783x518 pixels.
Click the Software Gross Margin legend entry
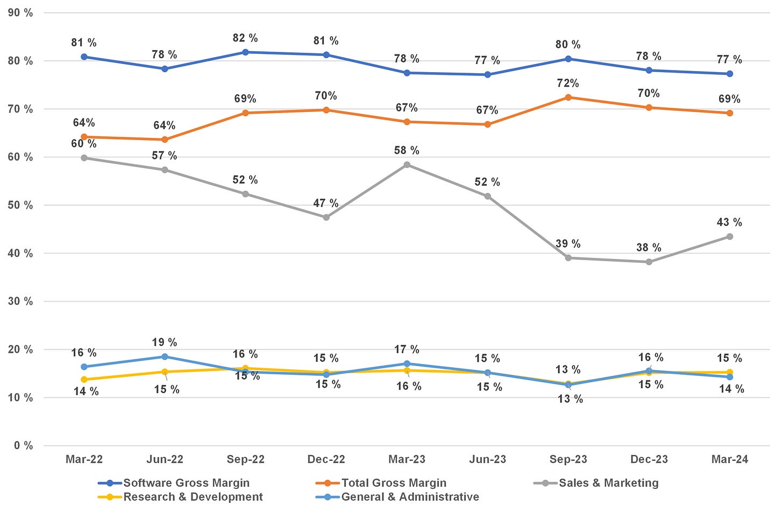point(186,483)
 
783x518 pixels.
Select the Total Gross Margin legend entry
point(393,483)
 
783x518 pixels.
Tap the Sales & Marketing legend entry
point(608,483)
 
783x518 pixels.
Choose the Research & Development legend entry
point(193,497)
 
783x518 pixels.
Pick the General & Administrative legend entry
point(409,497)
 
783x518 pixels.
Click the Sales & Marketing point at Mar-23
point(407,165)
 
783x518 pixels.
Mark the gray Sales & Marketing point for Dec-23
point(649,262)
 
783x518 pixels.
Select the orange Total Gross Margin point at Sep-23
point(568,97)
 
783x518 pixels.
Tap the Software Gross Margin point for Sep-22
point(246,52)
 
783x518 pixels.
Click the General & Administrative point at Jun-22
point(165,356)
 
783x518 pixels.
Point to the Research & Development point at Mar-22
point(84,380)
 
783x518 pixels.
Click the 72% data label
point(568,83)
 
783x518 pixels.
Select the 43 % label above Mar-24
point(729,222)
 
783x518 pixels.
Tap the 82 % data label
point(245,38)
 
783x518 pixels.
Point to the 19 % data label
point(165,342)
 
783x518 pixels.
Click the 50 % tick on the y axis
point(20,205)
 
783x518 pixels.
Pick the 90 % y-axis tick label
point(20,13)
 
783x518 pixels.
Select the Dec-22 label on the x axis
point(326,459)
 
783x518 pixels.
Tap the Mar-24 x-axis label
point(729,459)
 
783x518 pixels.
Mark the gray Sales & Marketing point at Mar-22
point(84,158)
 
